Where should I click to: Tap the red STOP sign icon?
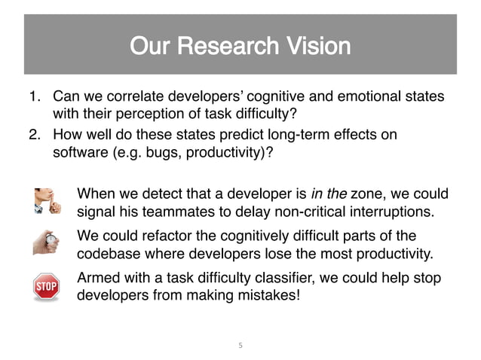[46, 287]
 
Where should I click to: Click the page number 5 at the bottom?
[240, 346]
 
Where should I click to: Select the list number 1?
[33, 97]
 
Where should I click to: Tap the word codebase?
[108, 252]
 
